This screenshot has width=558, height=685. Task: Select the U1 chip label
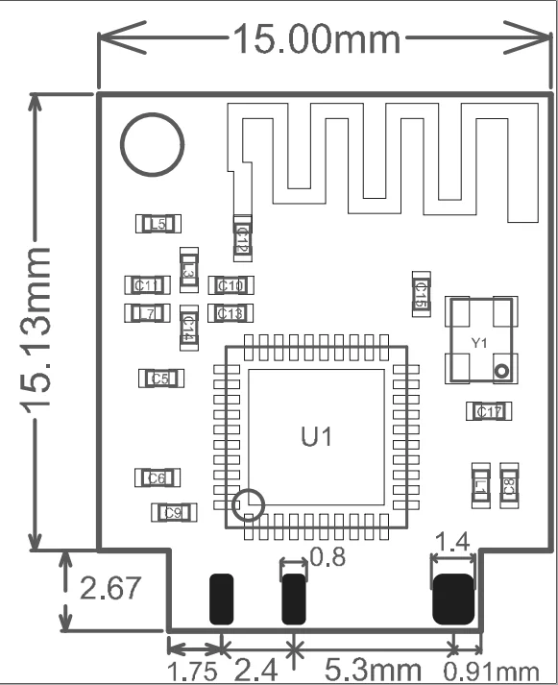coord(316,437)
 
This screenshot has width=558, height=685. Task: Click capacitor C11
coord(148,284)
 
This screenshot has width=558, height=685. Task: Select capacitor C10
coord(230,284)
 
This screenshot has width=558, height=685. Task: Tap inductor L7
coord(147,313)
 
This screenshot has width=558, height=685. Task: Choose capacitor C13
coord(230,313)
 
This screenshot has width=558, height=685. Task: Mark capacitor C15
coord(420,293)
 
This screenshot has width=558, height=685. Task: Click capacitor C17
coord(487,411)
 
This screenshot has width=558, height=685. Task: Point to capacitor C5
coord(160,379)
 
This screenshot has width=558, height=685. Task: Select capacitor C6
coord(158,477)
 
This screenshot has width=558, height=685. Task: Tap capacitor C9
coord(173,512)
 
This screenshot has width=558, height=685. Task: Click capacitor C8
coord(508,484)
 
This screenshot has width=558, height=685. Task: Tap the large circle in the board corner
coord(152,145)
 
